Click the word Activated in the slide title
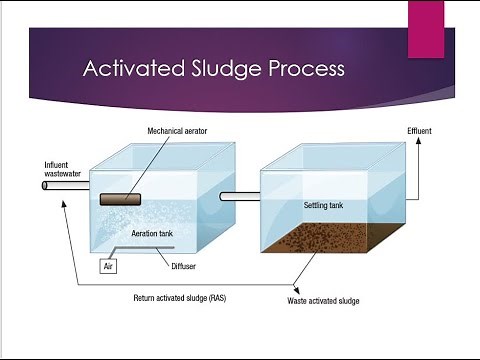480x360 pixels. [128, 70]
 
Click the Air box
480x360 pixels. [110, 267]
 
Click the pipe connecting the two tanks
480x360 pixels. [239, 196]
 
